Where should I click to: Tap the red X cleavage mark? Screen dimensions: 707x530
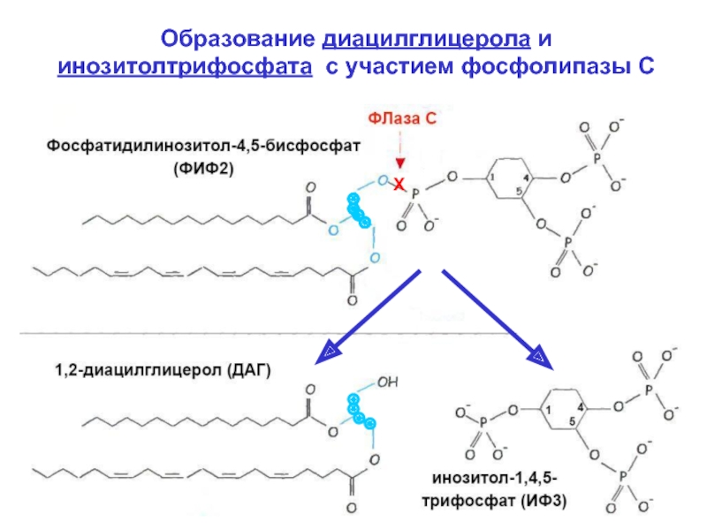click(399, 184)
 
